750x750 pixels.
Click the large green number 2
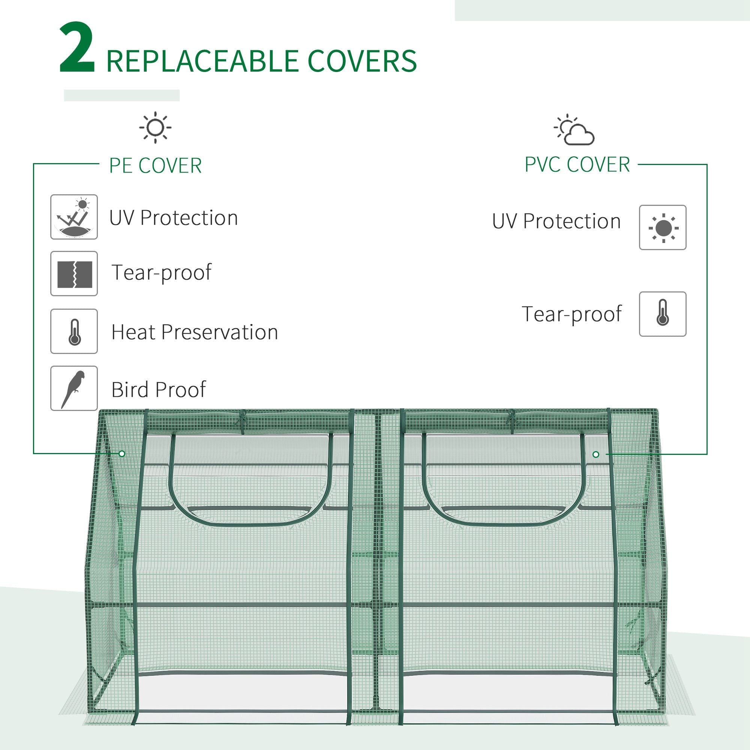point(77,48)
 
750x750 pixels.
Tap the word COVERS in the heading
point(362,61)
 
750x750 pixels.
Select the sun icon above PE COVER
point(155,127)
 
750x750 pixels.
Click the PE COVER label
point(155,166)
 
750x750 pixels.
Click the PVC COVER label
point(577,165)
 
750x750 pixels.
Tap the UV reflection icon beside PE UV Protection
point(74,217)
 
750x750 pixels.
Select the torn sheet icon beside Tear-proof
point(74,274)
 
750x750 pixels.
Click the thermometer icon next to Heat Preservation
point(74,331)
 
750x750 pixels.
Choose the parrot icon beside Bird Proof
point(74,388)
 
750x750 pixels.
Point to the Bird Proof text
point(158,389)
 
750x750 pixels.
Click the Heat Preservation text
point(195,332)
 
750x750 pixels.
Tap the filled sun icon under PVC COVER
point(663,228)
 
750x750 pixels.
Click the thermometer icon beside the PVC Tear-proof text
point(663,314)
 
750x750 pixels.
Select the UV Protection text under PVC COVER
point(556,221)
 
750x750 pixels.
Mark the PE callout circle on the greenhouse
point(122,453)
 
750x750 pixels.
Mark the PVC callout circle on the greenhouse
point(596,454)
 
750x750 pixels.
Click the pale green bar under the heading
point(121,96)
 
